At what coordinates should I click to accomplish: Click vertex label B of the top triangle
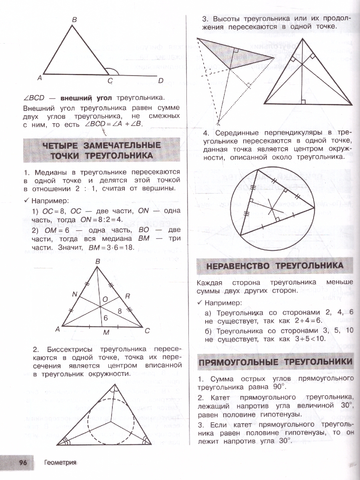click(74, 20)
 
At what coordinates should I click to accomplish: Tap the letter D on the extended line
click(161, 81)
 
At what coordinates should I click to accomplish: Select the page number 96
click(23, 462)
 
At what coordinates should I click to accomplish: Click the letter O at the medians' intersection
click(105, 299)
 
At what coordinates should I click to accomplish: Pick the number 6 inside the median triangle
click(106, 318)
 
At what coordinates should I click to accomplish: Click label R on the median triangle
click(127, 296)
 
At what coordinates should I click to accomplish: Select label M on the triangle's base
click(106, 333)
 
